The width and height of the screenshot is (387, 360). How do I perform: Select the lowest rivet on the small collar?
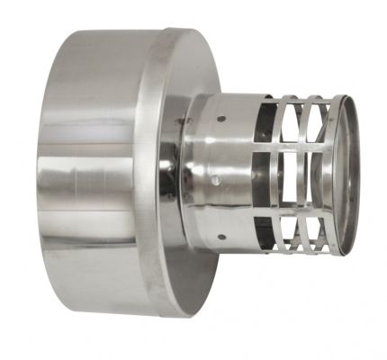(221, 238)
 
